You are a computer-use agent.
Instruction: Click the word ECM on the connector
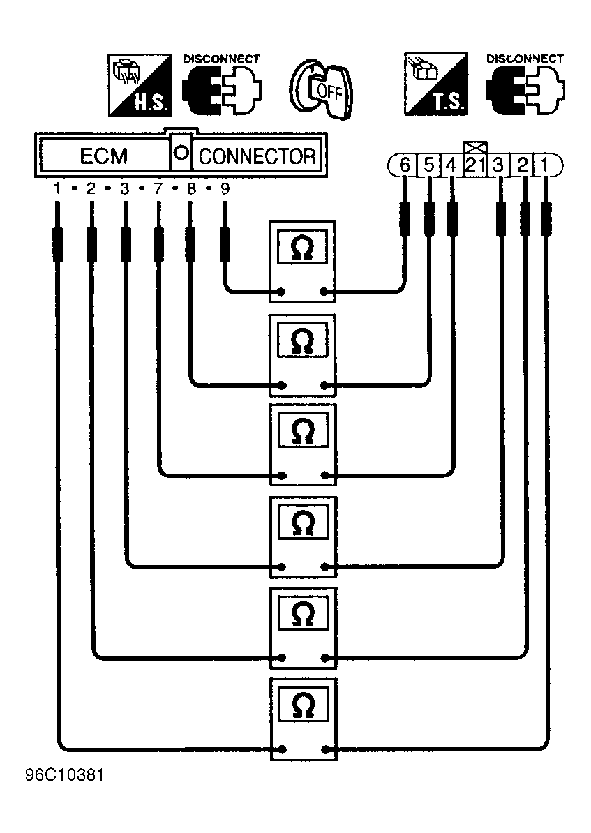[104, 156]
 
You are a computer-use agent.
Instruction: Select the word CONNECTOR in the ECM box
[257, 156]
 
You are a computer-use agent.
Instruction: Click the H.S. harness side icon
[140, 85]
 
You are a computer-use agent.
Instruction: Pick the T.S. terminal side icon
[436, 84]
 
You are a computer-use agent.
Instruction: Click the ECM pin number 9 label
[225, 188]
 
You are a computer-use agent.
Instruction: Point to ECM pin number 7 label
[158, 188]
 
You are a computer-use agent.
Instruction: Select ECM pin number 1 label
[57, 188]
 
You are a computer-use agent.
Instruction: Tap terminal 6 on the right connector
[405, 165]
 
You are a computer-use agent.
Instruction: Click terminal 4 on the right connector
[451, 165]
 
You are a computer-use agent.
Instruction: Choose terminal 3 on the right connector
[498, 165]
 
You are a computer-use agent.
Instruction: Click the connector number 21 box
[474, 165]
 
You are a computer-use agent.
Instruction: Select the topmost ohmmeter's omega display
[302, 247]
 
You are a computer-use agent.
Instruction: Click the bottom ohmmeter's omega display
[303, 705]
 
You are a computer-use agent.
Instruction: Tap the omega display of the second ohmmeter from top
[303, 340]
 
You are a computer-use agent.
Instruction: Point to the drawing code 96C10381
[64, 775]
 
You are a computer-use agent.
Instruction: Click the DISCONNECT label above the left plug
[221, 59]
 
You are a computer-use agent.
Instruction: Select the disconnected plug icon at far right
[525, 91]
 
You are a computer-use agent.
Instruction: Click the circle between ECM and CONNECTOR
[181, 153]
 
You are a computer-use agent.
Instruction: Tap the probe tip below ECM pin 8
[190, 244]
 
